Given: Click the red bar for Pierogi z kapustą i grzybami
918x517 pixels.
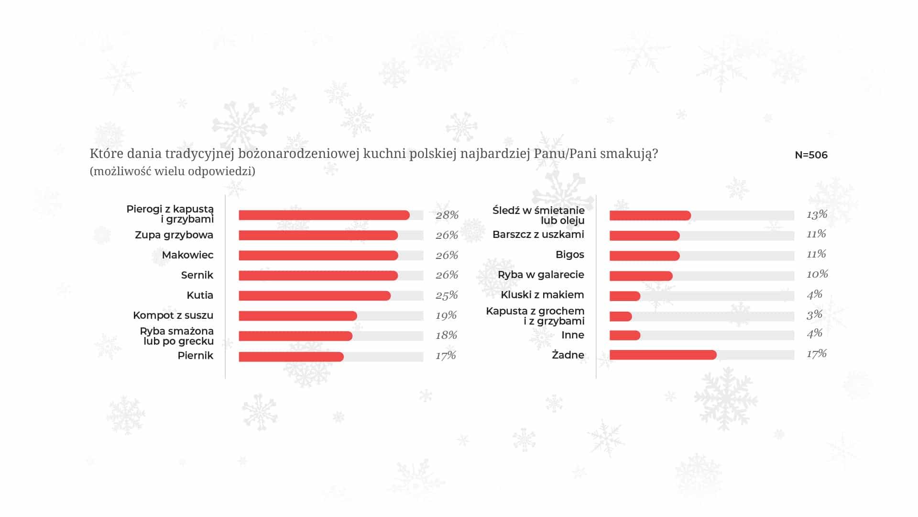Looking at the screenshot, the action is (324, 215).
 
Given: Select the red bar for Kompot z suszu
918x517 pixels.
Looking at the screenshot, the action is (298, 316).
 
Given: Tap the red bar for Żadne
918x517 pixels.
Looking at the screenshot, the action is (663, 355).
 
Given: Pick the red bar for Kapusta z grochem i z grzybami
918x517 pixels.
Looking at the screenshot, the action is (621, 316).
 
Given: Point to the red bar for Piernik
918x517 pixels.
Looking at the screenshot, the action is (291, 357).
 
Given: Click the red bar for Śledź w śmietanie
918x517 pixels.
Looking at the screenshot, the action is (650, 215).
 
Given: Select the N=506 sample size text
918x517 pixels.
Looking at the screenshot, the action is (811, 155).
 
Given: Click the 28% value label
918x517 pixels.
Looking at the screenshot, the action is (447, 215).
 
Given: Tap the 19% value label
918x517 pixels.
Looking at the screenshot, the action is (446, 315).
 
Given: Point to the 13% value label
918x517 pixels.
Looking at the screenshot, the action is (817, 214).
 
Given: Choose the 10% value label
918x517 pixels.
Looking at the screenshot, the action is (817, 274).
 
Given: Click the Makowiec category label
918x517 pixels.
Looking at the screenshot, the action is (187, 255).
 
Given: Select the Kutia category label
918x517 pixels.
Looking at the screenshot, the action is (200, 295).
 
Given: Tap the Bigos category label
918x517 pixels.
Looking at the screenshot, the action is (570, 255).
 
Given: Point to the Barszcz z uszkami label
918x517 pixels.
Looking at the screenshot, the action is (538, 235).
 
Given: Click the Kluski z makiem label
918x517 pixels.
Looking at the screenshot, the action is (542, 295).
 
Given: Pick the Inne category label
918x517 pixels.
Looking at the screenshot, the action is (573, 335).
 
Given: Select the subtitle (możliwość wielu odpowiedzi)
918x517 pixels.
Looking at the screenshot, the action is (173, 171).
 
